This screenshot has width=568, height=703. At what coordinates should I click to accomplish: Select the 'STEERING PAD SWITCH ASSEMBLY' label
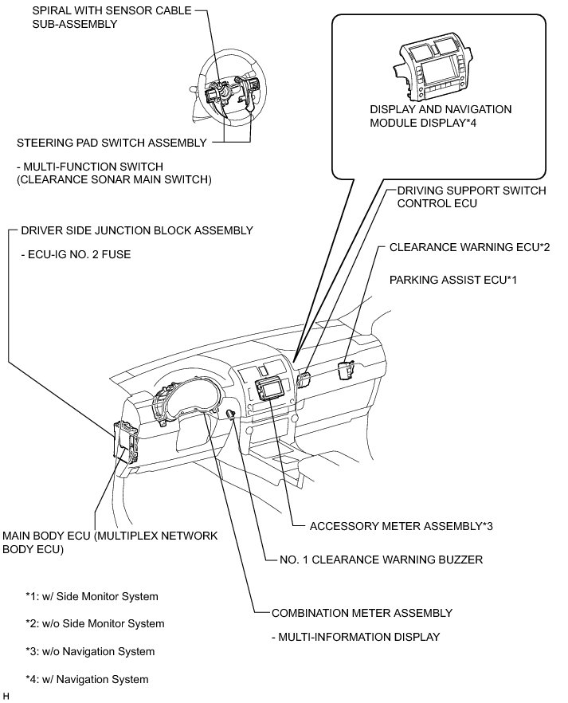click(x=112, y=143)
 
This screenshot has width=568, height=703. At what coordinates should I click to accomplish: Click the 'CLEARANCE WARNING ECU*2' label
click(x=469, y=248)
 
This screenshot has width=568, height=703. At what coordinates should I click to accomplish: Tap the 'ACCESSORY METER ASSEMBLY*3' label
click(x=400, y=526)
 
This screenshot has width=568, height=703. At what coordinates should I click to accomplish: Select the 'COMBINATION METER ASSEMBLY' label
click(x=362, y=613)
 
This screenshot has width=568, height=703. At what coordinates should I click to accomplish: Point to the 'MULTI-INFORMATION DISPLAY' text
click(x=355, y=637)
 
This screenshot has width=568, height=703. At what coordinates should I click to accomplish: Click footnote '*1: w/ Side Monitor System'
click(x=92, y=596)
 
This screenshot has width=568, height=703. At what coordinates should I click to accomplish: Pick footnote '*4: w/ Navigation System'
click(x=87, y=680)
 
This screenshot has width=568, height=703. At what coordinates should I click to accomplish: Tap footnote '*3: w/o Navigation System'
click(x=90, y=652)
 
